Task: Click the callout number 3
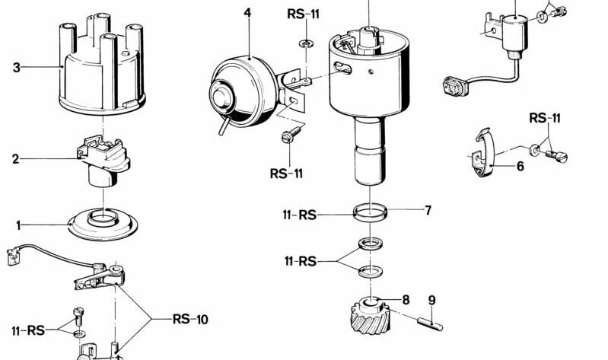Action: tap(16, 68)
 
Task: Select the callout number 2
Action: tap(15, 160)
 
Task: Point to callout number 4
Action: tap(247, 13)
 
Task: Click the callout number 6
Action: tap(520, 165)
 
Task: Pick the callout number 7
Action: tap(428, 210)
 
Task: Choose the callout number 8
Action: tap(406, 299)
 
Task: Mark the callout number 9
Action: tap(431, 300)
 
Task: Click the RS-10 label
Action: tap(190, 320)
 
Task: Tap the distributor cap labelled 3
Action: tap(100, 68)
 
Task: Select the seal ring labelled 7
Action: tap(370, 211)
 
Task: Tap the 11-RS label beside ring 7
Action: tap(298, 215)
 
